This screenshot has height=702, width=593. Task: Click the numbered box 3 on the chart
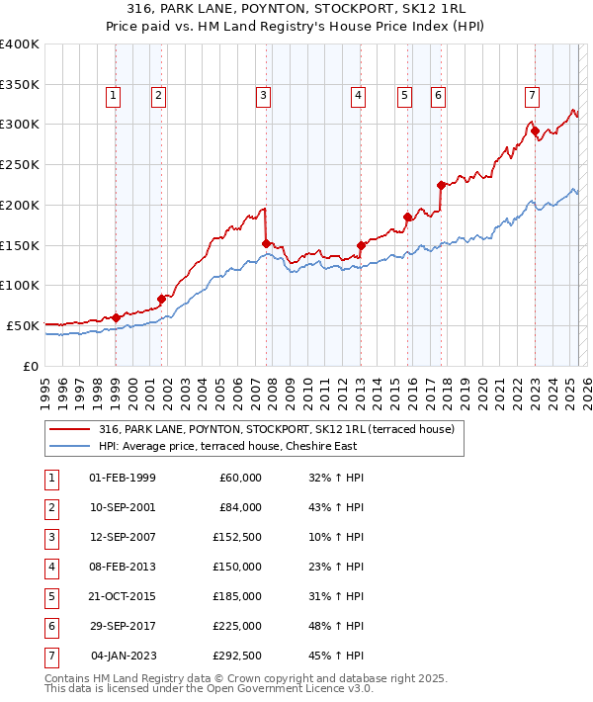coord(264,96)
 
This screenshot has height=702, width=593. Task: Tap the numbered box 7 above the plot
coord(532,96)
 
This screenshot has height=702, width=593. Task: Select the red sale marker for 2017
coord(441,184)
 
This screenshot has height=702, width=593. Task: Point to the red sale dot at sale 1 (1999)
coord(116,317)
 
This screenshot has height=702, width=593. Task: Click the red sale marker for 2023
coord(535,131)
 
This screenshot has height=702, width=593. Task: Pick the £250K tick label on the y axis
coord(20,164)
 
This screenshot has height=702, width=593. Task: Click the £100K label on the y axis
coord(20,285)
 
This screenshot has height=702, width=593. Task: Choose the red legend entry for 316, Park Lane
coord(276,429)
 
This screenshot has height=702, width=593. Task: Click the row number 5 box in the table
coord(50,596)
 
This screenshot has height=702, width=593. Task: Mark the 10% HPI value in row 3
coord(336,539)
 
